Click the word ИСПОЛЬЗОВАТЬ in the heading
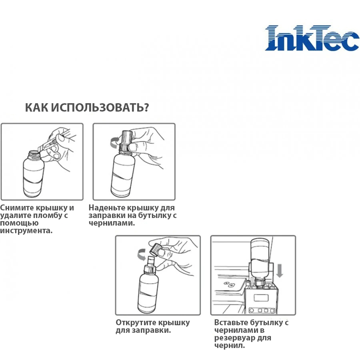pyautogui.click(x=100, y=108)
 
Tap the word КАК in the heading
pyautogui.click(x=36, y=108)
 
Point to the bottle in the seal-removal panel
pyautogui.click(x=33, y=174)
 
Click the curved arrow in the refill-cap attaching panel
pyautogui.click(x=114, y=142)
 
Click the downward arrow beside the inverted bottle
pyautogui.click(x=280, y=270)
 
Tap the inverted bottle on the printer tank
pyautogui.click(x=260, y=262)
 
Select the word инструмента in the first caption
pyautogui.click(x=26, y=230)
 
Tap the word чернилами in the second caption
pyautogui.click(x=112, y=223)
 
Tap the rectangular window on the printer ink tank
pyautogui.click(x=261, y=298)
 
